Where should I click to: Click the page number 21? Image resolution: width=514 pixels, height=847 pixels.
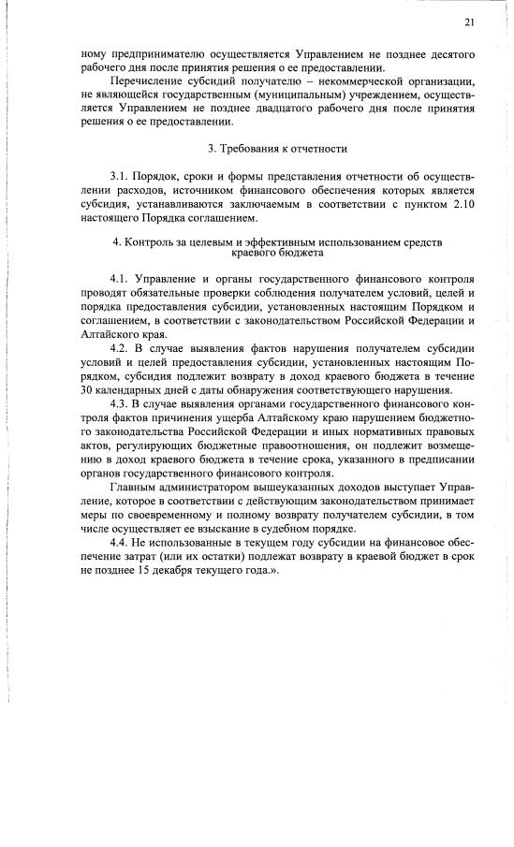469,22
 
